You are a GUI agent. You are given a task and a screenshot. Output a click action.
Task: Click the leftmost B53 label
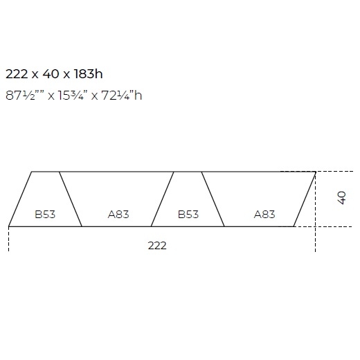click(45, 215)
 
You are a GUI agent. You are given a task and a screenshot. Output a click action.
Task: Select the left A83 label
click(118, 215)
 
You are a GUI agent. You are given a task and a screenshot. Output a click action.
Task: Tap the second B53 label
click(188, 215)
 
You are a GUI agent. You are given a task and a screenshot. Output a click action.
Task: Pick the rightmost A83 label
click(264, 215)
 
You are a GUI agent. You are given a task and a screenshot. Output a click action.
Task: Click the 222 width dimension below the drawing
click(157, 246)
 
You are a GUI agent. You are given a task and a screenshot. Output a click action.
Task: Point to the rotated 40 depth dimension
click(341, 198)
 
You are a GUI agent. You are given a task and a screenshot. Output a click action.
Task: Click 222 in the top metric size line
click(18, 73)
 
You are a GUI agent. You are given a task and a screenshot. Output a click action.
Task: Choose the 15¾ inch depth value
click(73, 95)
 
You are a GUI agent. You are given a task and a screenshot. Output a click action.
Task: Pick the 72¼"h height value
click(122, 95)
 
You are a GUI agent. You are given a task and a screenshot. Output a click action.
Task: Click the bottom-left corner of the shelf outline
click(9, 226)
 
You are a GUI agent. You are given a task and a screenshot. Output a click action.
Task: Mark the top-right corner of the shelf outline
click(316, 171)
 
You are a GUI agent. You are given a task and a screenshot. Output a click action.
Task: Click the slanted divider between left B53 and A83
click(71, 199)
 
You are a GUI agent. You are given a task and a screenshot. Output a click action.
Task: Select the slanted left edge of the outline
click(20, 199)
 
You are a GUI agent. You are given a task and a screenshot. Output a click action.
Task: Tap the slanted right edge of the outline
click(305, 199)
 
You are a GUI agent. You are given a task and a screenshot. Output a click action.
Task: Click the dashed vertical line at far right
click(316, 235)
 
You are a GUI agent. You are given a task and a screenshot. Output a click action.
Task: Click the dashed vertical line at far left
click(9, 240)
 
